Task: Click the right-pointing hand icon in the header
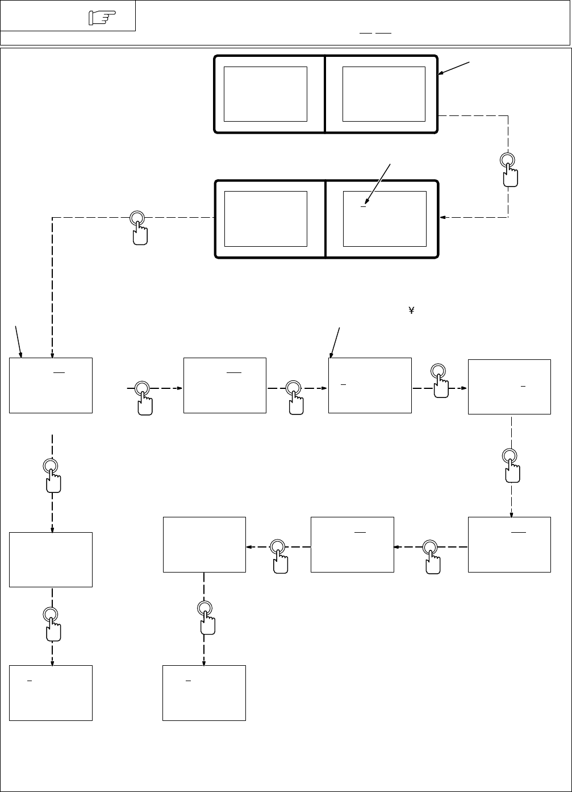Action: pos(102,19)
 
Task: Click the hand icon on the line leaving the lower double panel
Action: pos(137,227)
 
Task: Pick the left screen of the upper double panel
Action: pos(265,93)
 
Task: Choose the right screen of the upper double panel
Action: pos(384,93)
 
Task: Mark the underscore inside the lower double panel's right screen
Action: pos(364,206)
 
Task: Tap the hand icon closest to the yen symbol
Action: pos(438,381)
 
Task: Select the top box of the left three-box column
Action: pos(51,385)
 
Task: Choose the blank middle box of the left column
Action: pos(51,559)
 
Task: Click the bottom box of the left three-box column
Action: pos(51,693)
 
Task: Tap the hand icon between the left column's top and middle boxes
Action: pos(52,475)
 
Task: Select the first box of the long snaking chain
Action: pos(225,385)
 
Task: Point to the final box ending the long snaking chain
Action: pos(204,693)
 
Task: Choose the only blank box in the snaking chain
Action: pos(204,544)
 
